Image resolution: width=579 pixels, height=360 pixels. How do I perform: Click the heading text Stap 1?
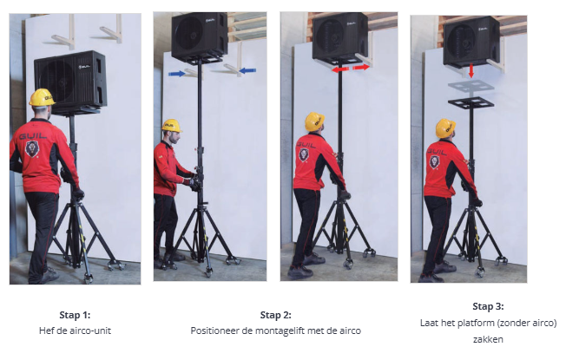pyautogui.click(x=75, y=315)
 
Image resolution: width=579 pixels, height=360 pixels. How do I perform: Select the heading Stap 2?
pyautogui.click(x=275, y=315)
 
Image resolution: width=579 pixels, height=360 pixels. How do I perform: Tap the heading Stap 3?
pyautogui.click(x=488, y=306)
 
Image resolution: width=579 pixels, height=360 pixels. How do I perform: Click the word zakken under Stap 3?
pyautogui.click(x=488, y=339)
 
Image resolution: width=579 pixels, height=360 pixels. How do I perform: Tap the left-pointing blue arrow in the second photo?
pyautogui.click(x=247, y=70)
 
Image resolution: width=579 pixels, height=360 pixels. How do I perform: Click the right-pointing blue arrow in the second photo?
pyautogui.click(x=177, y=74)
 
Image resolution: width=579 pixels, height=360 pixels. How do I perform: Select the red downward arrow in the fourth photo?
pyautogui.click(x=471, y=70)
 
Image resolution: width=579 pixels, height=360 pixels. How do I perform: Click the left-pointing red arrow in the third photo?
pyautogui.click(x=340, y=69)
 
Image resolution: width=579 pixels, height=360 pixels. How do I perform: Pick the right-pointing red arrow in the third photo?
pyautogui.click(x=361, y=67)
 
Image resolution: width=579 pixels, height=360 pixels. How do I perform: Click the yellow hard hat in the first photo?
pyautogui.click(x=42, y=97)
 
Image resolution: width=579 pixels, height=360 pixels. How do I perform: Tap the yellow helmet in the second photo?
pyautogui.click(x=172, y=126)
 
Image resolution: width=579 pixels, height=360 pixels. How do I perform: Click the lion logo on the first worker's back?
pyautogui.click(x=32, y=148)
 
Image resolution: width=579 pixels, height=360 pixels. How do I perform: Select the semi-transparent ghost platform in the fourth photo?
pyautogui.click(x=470, y=87)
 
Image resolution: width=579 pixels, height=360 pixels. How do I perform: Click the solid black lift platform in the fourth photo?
pyautogui.click(x=470, y=102)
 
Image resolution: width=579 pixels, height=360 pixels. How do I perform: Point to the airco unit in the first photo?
pyautogui.click(x=70, y=81)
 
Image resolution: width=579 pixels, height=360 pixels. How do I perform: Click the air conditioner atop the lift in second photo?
pyautogui.click(x=200, y=36)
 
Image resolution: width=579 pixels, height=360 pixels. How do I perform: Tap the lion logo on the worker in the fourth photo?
pyautogui.click(x=435, y=162)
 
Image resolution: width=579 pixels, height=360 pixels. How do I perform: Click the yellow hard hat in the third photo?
pyautogui.click(x=314, y=121)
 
